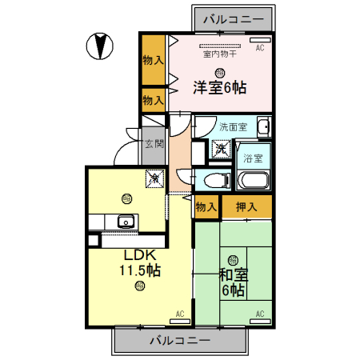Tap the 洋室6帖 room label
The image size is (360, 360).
(x=218, y=88)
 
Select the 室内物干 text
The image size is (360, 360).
(x=218, y=55)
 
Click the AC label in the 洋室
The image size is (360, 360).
(x=259, y=49)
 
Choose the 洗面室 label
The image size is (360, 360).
(x=232, y=126)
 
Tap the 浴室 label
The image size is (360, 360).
(x=253, y=158)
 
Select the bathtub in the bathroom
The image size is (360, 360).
(x=253, y=182)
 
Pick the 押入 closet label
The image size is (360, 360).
(x=246, y=207)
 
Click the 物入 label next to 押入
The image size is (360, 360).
(x=206, y=207)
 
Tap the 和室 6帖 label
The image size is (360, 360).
(x=234, y=282)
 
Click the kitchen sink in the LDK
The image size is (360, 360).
(x=124, y=222)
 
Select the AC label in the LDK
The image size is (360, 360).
(x=180, y=313)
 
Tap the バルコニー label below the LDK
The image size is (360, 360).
(x=180, y=341)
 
